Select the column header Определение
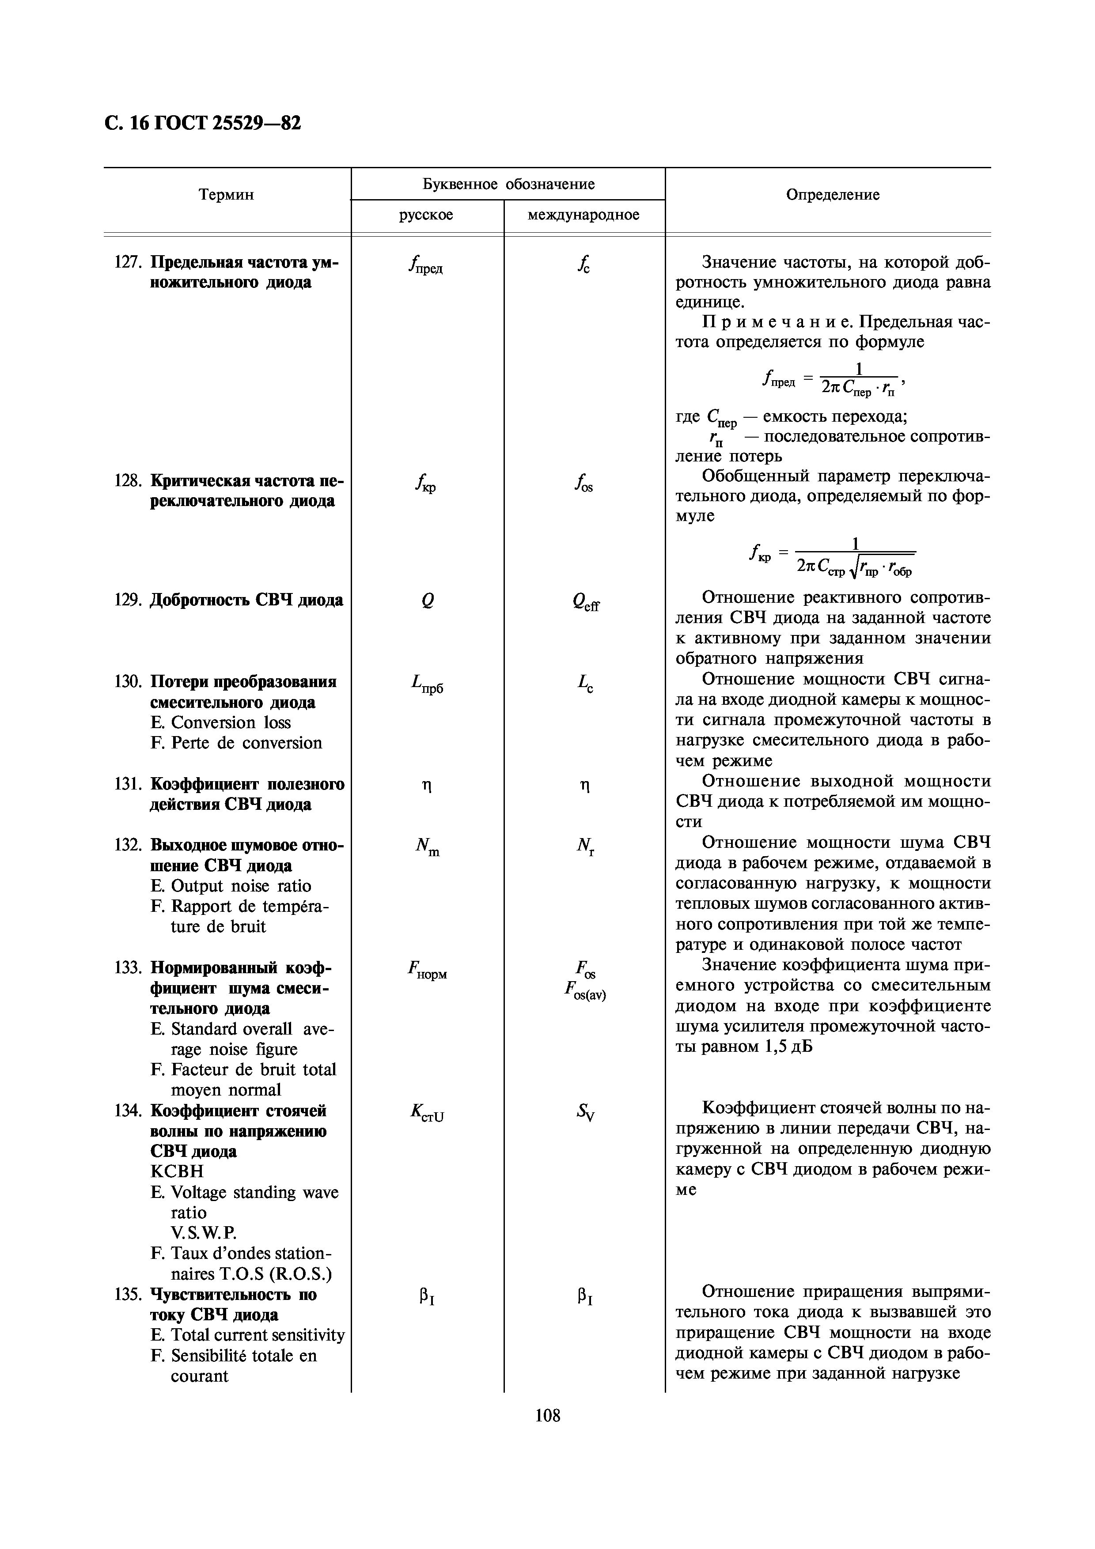point(833,195)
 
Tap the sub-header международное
point(583,215)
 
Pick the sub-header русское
point(426,215)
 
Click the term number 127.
point(126,262)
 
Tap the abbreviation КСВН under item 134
point(177,1171)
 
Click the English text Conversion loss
point(231,722)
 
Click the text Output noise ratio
point(241,886)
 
